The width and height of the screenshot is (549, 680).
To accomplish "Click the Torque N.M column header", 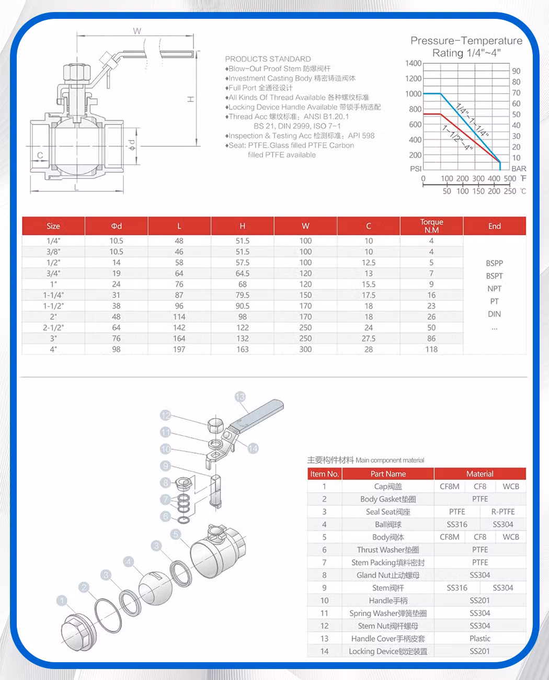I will (431, 226).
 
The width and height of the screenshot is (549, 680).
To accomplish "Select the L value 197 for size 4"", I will (179, 349).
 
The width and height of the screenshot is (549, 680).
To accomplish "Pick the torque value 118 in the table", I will (431, 349).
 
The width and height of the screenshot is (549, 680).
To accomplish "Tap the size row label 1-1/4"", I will (53, 295).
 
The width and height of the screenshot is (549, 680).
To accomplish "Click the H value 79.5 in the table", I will (243, 295).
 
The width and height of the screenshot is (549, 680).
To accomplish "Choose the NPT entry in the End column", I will (494, 289).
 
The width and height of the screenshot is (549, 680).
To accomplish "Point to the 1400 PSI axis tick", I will (413, 63).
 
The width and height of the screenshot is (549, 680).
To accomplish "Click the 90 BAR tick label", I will (516, 71).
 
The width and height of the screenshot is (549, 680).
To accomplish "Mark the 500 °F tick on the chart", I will (510, 179).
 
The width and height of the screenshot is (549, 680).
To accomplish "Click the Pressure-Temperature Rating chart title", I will (466, 47).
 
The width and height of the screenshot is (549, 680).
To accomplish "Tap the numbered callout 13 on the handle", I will (240, 396).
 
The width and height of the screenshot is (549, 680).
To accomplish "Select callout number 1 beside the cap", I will (62, 600).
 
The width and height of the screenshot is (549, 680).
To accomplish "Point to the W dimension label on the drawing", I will (137, 31).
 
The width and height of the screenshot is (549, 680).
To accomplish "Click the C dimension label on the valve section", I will (40, 155).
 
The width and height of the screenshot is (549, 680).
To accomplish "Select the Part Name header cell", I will (388, 474).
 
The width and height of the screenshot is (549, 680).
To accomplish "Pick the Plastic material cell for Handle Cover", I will (479, 639).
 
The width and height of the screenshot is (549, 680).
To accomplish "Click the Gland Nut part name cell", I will (388, 575).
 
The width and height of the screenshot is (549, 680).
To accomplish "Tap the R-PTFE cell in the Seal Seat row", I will (502, 512).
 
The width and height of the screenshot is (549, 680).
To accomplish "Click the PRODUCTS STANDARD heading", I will (268, 59).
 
